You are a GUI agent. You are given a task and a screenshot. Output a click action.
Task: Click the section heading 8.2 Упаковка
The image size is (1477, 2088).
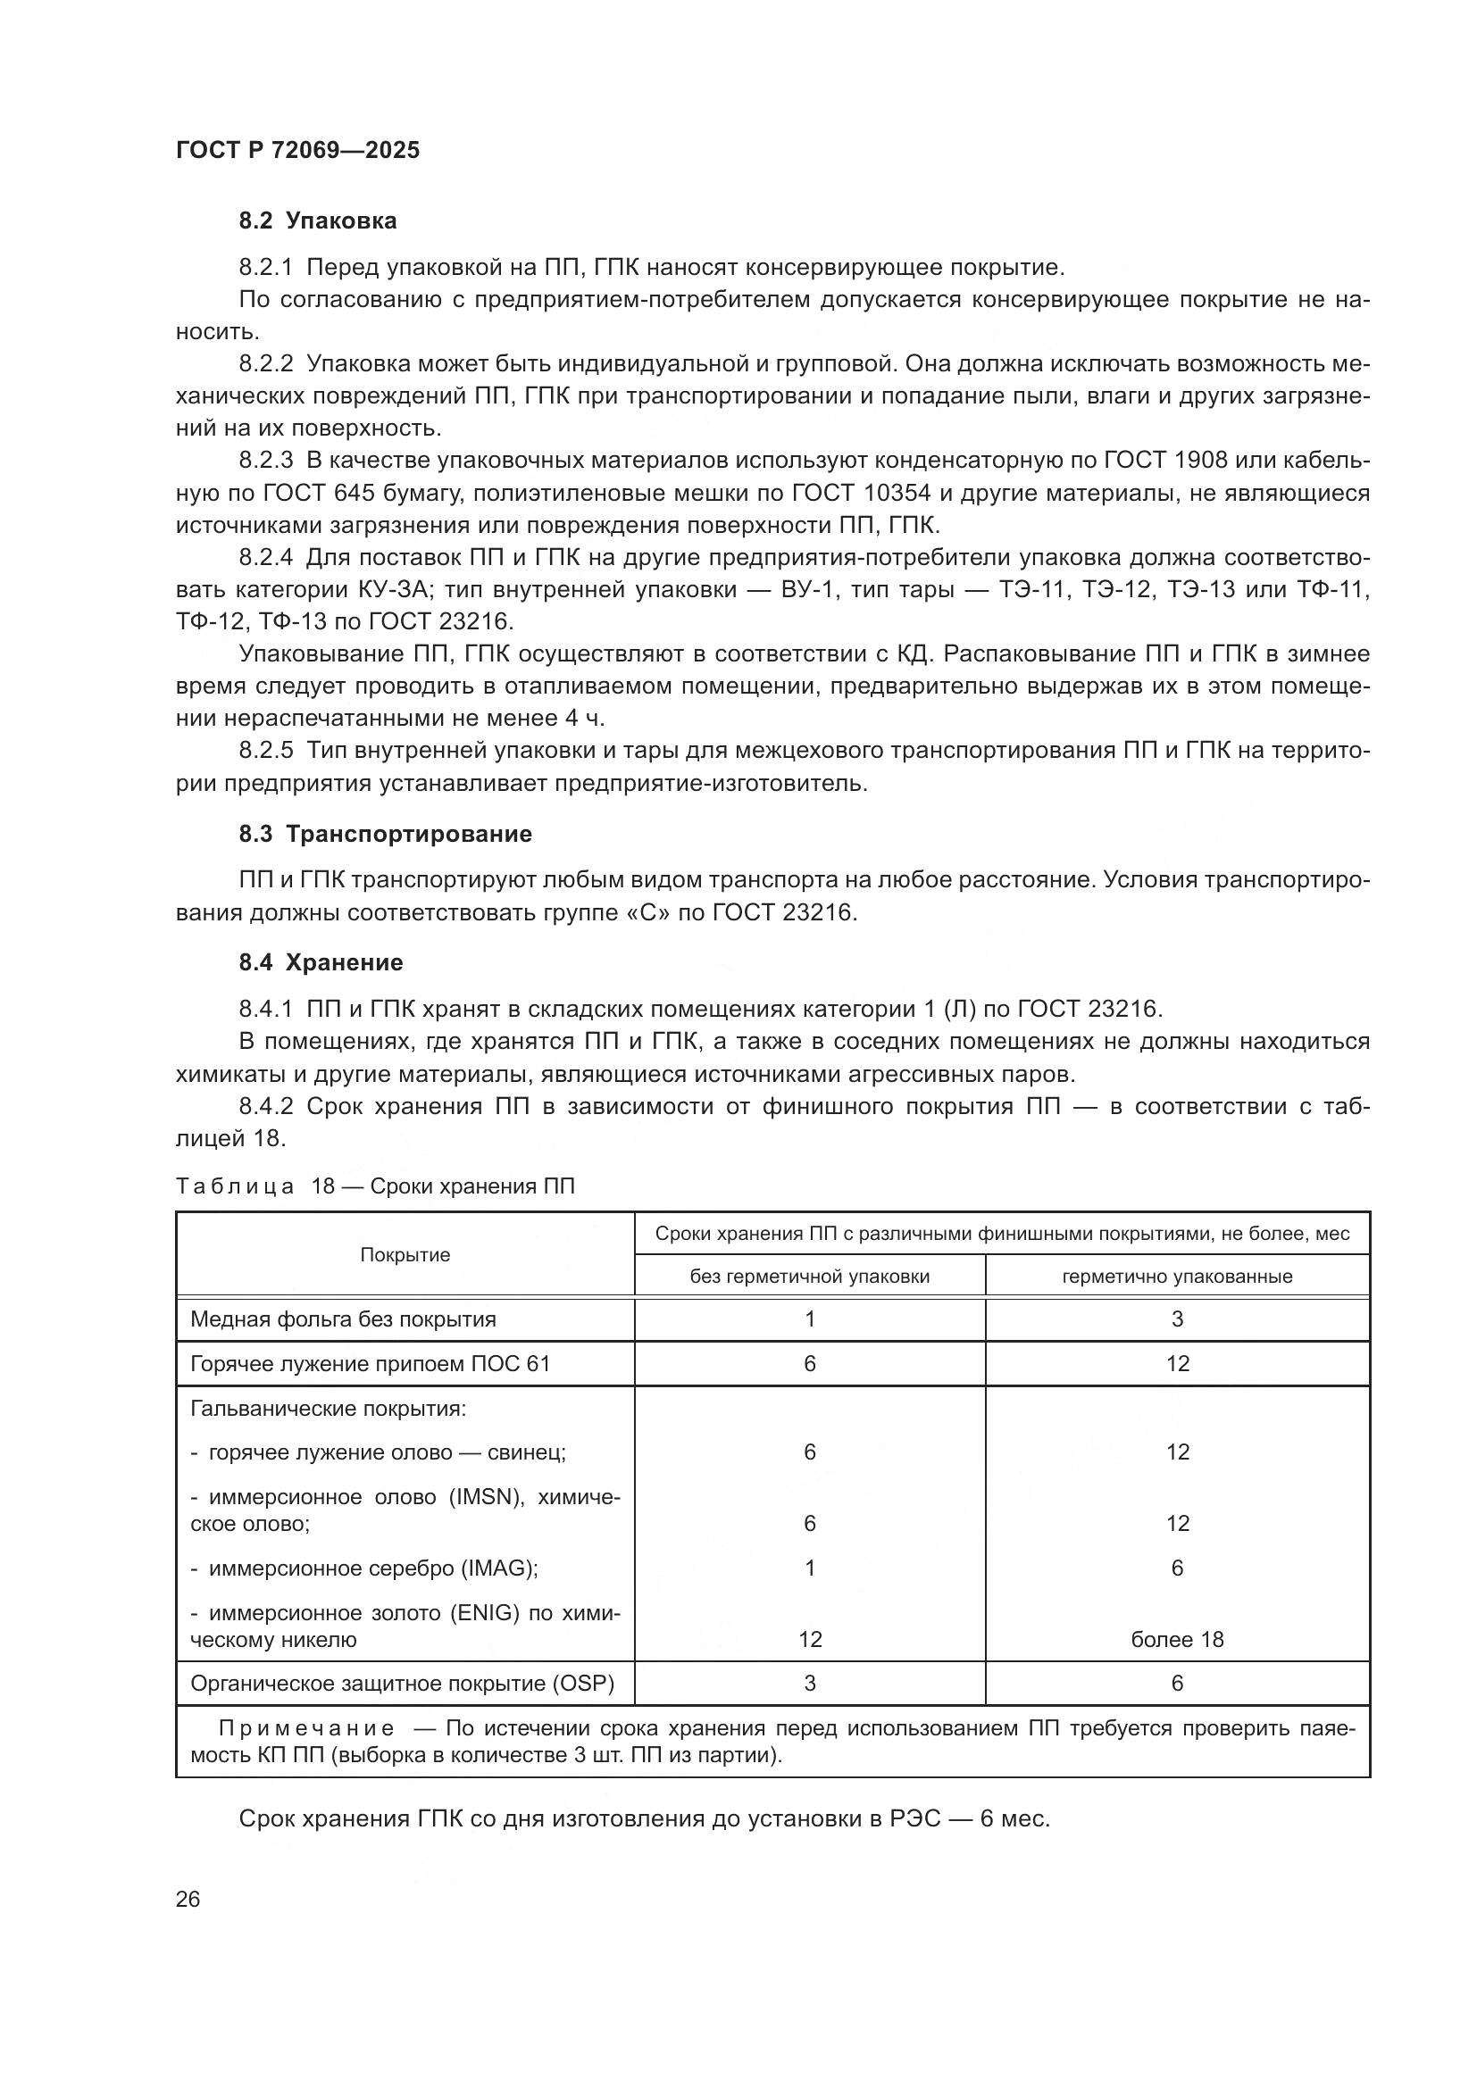[317, 221]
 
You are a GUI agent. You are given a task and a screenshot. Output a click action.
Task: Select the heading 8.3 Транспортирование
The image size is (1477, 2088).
[386, 834]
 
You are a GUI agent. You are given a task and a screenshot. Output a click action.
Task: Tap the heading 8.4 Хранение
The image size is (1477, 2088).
[321, 962]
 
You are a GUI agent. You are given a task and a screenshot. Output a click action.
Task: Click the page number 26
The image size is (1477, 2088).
[188, 1899]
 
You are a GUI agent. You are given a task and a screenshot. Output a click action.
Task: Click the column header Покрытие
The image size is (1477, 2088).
[405, 1255]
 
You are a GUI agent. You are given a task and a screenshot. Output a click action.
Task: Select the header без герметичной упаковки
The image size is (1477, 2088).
[809, 1276]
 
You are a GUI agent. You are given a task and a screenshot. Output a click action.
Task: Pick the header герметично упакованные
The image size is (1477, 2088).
[1177, 1276]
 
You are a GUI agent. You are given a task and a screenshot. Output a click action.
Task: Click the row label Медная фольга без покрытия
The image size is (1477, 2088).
[343, 1319]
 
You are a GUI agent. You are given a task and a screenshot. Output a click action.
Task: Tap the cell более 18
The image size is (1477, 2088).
[1177, 1640]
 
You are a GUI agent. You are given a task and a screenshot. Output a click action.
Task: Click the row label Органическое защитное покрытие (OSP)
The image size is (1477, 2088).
[402, 1684]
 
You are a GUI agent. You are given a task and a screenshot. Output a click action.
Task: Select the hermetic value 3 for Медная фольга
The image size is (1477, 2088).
[1177, 1319]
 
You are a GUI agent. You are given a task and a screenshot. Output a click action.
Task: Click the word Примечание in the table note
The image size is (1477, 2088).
[306, 1729]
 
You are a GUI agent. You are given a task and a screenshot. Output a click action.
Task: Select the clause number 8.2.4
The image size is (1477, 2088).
[265, 557]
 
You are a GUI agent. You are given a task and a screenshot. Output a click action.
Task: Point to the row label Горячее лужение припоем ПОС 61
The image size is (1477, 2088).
[371, 1363]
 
